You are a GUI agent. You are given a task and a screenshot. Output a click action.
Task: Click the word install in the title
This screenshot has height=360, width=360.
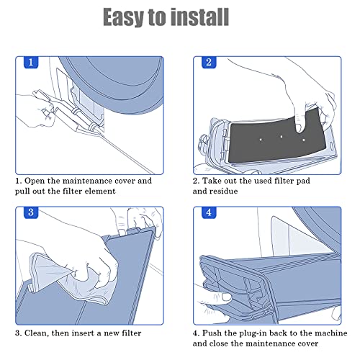(x=204, y=17)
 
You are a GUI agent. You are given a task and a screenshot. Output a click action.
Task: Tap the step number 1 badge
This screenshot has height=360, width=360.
(x=32, y=63)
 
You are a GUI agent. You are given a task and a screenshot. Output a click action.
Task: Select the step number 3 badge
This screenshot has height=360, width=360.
(x=32, y=214)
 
